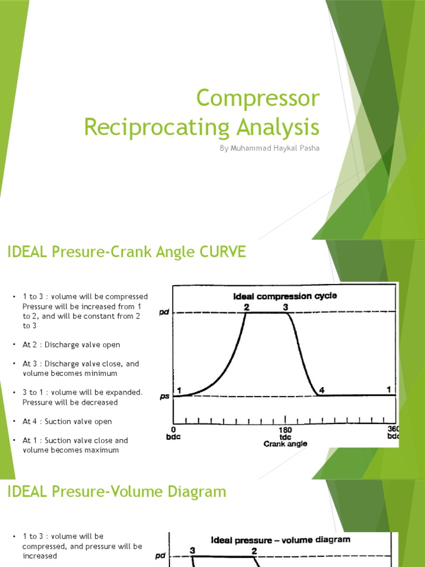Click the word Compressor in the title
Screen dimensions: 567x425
click(258, 99)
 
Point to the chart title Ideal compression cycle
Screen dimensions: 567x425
click(285, 296)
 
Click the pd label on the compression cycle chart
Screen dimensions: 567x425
click(164, 312)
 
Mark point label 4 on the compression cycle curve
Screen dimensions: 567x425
click(322, 390)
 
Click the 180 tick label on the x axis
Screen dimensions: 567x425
click(286, 430)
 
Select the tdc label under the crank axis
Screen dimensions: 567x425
click(286, 437)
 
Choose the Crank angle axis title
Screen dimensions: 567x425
click(286, 444)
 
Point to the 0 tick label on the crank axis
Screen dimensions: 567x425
click(174, 430)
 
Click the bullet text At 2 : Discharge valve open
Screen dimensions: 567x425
click(71, 345)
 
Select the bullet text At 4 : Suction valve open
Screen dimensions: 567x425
click(67, 421)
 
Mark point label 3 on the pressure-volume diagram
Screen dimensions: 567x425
click(193, 551)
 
